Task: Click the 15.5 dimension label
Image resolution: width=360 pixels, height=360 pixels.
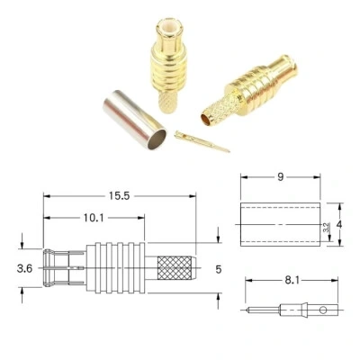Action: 119,196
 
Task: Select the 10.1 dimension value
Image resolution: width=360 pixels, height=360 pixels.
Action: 94,218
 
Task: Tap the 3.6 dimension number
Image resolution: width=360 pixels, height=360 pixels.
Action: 24,268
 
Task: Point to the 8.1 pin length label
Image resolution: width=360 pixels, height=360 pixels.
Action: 292,281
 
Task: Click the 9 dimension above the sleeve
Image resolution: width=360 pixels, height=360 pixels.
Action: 280,177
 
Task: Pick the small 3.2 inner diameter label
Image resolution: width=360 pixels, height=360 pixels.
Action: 326,227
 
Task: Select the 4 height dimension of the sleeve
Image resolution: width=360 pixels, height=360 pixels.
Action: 339,224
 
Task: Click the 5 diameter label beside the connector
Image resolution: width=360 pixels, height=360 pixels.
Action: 219,269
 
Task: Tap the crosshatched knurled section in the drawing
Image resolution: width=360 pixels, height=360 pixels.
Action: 175,267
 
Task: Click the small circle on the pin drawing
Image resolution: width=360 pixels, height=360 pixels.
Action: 323,310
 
